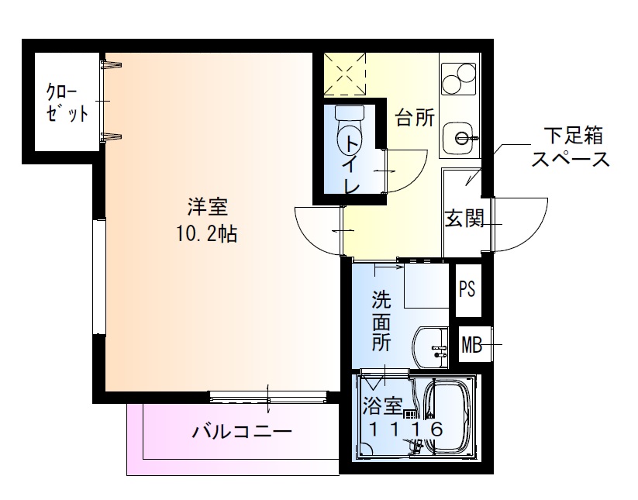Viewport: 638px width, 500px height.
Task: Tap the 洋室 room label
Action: (207, 207)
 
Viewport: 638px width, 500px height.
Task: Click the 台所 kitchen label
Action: (415, 119)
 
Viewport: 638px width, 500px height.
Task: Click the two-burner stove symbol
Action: (458, 77)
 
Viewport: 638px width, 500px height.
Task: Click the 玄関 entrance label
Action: (464, 219)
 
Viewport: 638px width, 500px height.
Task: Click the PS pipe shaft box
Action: (467, 289)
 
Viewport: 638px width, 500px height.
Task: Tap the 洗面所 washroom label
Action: (381, 321)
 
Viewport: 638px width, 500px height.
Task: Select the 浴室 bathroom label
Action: (383, 405)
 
